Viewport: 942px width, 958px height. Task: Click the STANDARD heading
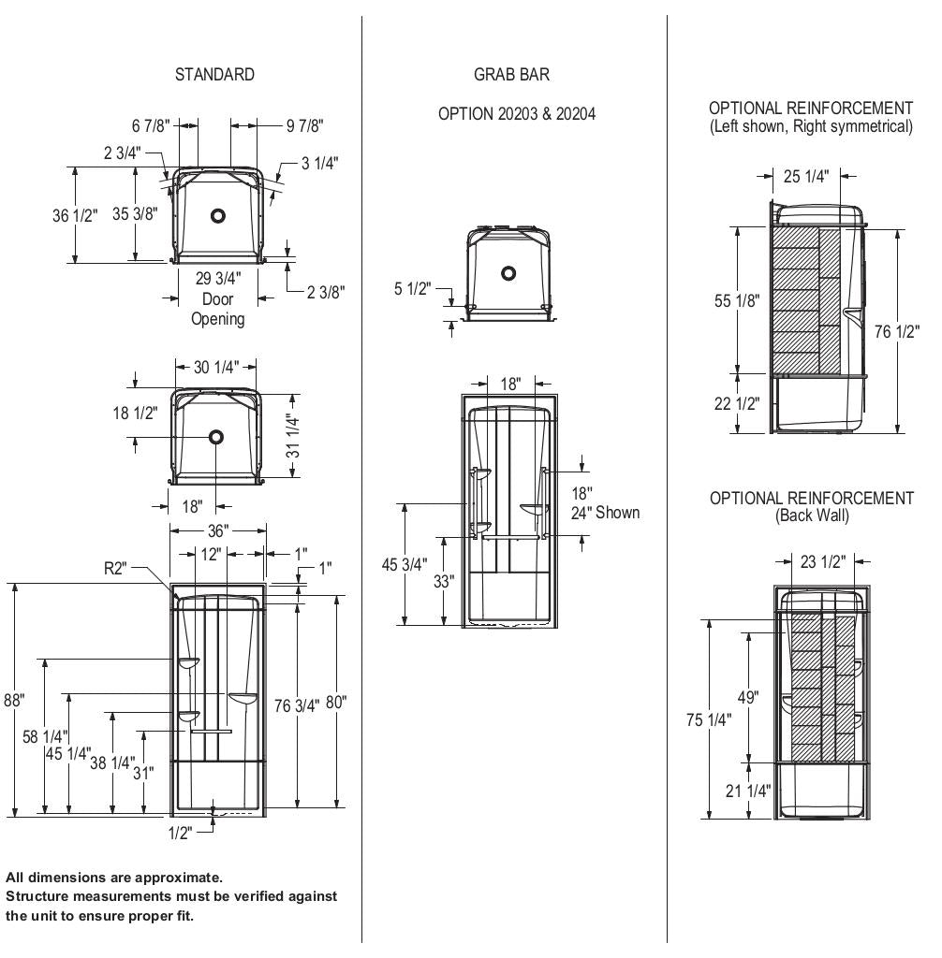214,75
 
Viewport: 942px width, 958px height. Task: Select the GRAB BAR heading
511,75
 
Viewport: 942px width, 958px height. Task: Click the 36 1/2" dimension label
75,215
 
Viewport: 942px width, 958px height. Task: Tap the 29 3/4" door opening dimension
218,279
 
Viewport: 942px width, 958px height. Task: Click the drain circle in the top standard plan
218,215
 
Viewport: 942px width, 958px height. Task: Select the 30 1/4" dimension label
216,368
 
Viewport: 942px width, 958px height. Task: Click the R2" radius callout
117,568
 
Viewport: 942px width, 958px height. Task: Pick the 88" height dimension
13,700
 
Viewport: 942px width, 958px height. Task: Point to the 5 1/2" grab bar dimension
411,289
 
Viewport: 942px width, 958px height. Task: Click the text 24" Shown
606,512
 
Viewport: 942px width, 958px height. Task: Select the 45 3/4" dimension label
405,564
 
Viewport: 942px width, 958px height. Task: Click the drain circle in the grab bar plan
508,273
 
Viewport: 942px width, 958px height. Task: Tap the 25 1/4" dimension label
806,177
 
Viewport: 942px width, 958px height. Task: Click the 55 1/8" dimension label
738,300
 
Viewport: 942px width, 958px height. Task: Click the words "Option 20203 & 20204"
517,114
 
